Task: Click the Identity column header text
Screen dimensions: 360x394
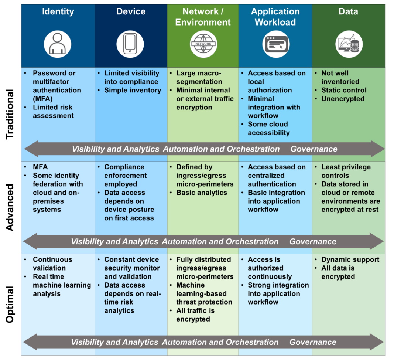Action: pyautogui.click(x=58, y=12)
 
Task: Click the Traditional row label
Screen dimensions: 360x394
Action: pyautogui.click(x=10, y=114)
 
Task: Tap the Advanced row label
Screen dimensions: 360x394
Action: pyautogui.click(x=10, y=207)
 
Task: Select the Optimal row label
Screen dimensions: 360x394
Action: pyautogui.click(x=10, y=304)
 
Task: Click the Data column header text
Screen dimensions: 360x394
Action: pyautogui.click(x=348, y=12)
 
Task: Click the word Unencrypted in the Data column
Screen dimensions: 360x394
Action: pyautogui.click(x=343, y=99)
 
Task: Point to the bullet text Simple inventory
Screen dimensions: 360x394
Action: pyautogui.click(x=133, y=90)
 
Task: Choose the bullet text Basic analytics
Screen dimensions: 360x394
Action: pyautogui.click(x=202, y=193)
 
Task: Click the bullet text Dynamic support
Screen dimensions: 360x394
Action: pyautogui.click(x=350, y=259)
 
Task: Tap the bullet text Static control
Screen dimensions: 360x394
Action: pyautogui.click(x=344, y=90)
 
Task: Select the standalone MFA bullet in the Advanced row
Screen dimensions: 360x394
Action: pyautogui.click(x=40, y=167)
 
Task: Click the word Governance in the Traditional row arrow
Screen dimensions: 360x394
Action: pyautogui.click(x=314, y=149)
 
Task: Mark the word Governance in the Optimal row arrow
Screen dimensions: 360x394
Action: pyautogui.click(x=313, y=342)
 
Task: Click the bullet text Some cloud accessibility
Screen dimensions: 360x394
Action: pyautogui.click(x=268, y=128)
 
